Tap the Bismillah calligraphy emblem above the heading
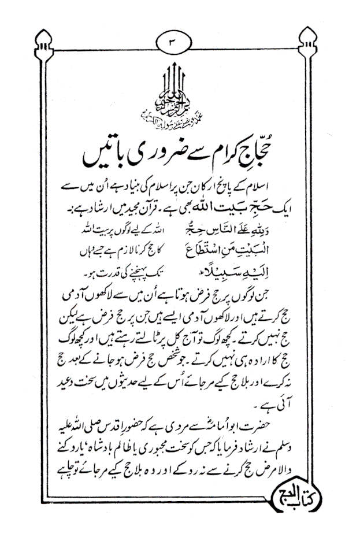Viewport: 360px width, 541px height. [x=180, y=95]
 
